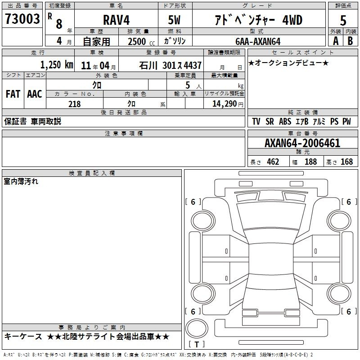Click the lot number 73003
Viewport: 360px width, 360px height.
coord(22,19)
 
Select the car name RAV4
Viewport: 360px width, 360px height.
coord(117,20)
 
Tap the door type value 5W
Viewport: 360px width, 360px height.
coord(174,20)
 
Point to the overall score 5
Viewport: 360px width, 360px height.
coord(343,21)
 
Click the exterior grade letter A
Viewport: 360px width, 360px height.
coord(336,41)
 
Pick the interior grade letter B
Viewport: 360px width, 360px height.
coord(350,41)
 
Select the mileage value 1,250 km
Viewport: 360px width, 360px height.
coord(57,65)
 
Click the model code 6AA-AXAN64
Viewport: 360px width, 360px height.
coord(258,41)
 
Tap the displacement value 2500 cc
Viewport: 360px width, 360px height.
coord(141,41)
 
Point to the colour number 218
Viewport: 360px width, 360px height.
coord(74,104)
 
